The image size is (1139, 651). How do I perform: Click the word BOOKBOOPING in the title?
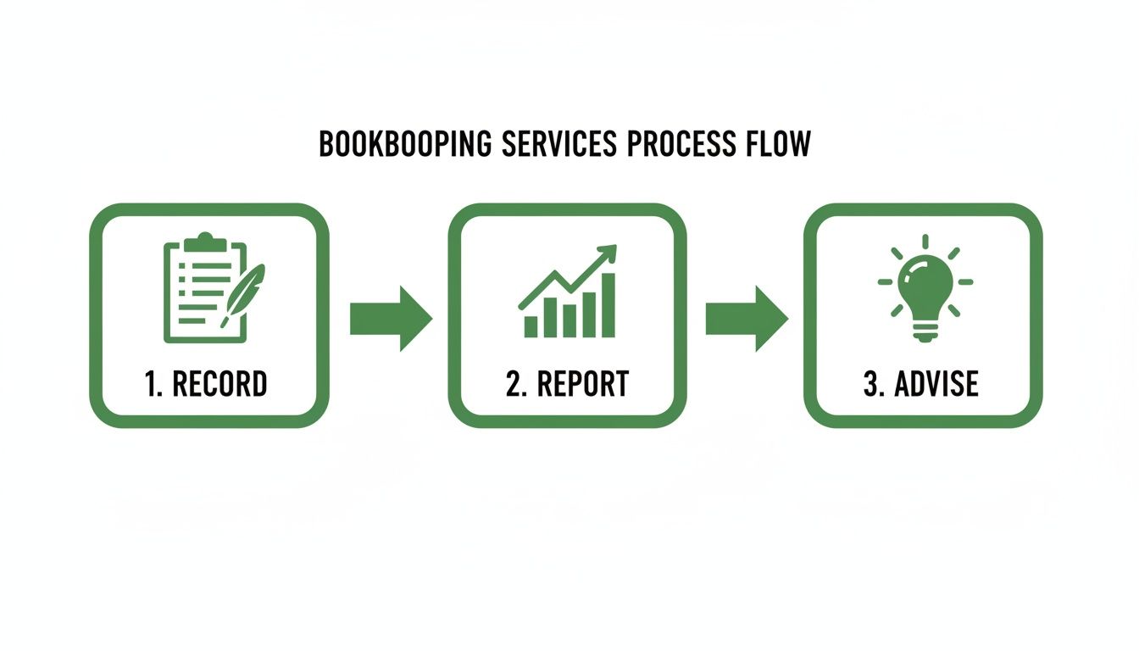pyautogui.click(x=406, y=145)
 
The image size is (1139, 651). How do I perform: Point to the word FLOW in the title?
pyautogui.click(x=781, y=145)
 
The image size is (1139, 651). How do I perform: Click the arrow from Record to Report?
pyautogui.click(x=391, y=319)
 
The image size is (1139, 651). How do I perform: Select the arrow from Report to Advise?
pyautogui.click(x=746, y=319)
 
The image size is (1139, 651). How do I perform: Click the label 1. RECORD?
pyautogui.click(x=207, y=384)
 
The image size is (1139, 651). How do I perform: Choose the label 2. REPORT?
pyautogui.click(x=567, y=384)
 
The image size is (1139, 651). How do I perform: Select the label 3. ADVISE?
pyautogui.click(x=921, y=384)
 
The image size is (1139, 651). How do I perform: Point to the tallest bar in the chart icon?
pyautogui.click(x=607, y=304)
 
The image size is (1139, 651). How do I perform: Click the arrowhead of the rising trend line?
pyautogui.click(x=608, y=253)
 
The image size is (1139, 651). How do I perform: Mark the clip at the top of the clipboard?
pyautogui.click(x=203, y=242)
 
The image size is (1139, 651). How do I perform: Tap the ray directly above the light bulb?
pyautogui.click(x=925, y=241)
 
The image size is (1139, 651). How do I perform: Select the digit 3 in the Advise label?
pyautogui.click(x=870, y=384)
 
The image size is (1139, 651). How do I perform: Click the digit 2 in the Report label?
pyautogui.click(x=514, y=384)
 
